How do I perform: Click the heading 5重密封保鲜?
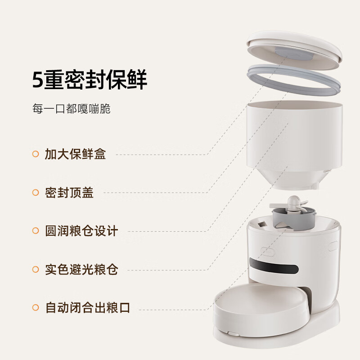point(90,81)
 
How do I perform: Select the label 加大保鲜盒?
point(75,154)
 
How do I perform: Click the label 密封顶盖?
point(69,193)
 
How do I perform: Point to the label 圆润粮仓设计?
point(81,231)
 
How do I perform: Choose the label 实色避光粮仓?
point(81,270)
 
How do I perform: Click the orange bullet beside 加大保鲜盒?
point(36,154)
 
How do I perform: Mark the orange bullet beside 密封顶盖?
point(36,193)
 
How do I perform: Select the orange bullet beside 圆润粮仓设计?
point(36,231)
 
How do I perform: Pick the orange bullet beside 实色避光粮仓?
point(36,270)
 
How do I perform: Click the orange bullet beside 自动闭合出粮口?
point(36,308)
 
